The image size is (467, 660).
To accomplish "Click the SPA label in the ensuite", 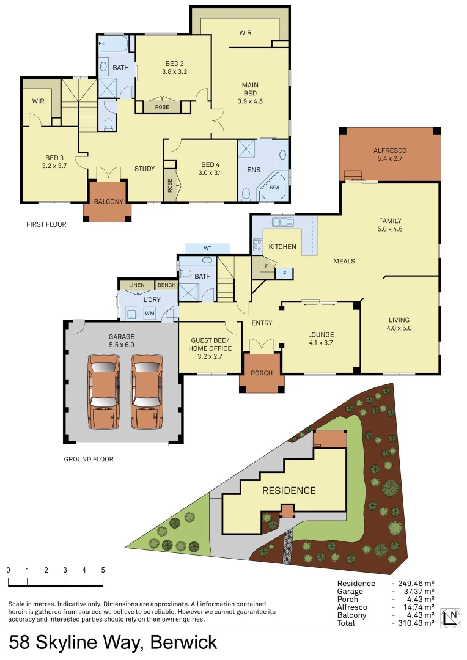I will pos(274,188).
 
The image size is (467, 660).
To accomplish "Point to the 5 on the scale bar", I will pos(103,570).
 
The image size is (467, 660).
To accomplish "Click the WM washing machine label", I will pos(150,313).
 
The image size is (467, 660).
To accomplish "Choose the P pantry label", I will pos(267,266).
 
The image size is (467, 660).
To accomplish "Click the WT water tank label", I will pos(207,248).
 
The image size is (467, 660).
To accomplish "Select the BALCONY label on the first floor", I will pos(108,202).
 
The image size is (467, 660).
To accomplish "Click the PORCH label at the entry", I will pos(262,373).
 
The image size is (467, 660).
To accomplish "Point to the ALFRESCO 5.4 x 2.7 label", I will pos(390,155).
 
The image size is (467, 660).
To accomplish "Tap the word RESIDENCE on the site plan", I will pos(289,490).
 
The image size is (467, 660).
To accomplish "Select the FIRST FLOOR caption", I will pos(46,224).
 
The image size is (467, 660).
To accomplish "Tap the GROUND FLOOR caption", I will pos(89,459).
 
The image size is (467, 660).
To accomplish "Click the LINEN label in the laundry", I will pos(137,285).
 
